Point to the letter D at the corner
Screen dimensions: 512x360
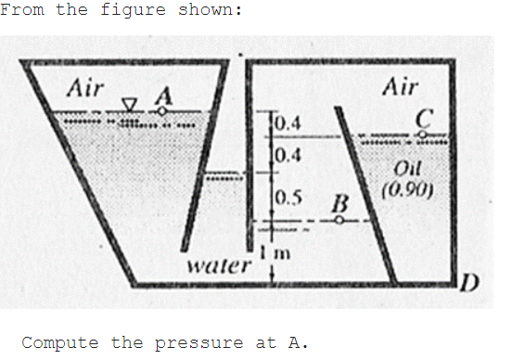[470, 282]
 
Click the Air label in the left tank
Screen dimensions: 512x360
[85, 88]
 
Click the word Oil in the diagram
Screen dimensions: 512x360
[409, 168]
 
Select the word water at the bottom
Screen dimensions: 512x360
[219, 266]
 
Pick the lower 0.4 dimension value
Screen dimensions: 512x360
[288, 153]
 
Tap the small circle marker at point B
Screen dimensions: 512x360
[339, 221]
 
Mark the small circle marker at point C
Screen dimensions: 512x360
[424, 134]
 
